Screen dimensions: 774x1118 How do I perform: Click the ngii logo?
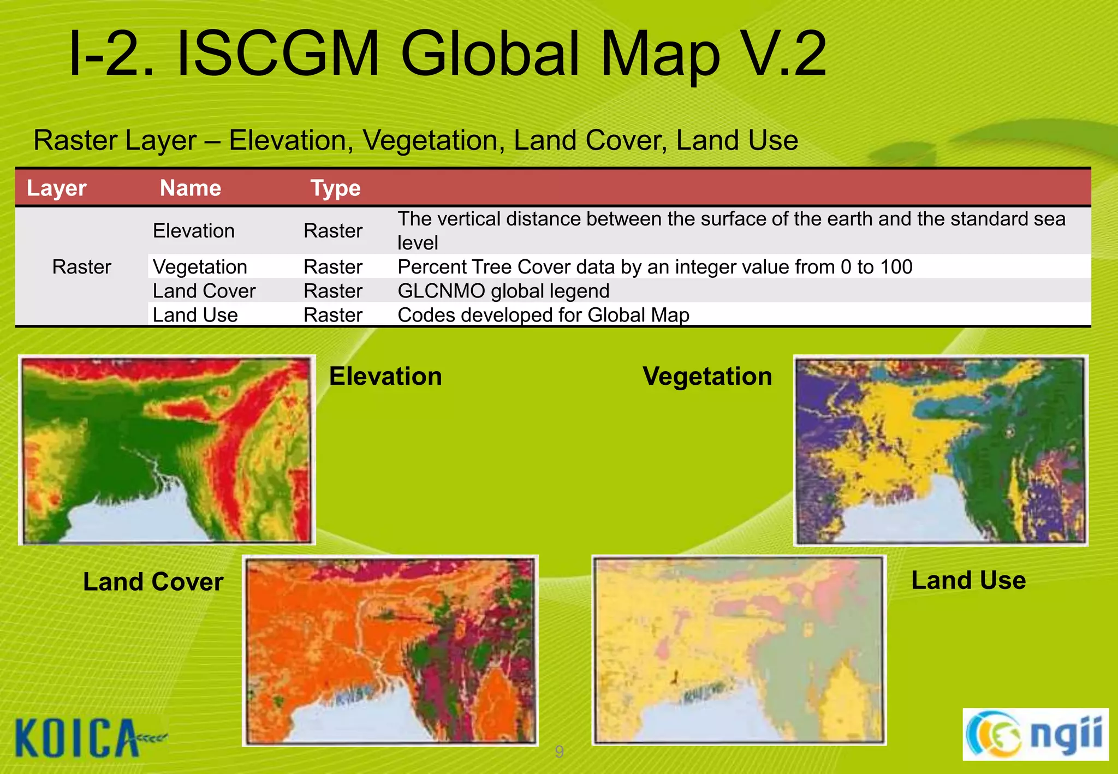coord(1035,734)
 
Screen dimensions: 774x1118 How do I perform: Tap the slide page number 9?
coord(559,752)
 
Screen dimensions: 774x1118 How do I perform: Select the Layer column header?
coord(56,188)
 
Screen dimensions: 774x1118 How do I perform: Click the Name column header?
coord(190,188)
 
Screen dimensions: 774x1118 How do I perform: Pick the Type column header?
coord(335,188)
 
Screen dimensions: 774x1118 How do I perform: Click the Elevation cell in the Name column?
coord(193,231)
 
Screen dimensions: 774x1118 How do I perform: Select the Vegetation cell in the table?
coord(200,267)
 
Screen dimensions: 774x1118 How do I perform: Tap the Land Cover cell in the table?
coord(204,291)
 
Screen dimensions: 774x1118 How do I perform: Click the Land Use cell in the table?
coord(195,315)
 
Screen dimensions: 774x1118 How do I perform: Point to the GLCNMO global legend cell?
coord(503,291)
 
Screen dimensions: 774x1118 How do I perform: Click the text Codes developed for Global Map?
coord(543,315)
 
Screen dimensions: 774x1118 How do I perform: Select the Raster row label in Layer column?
coord(81,267)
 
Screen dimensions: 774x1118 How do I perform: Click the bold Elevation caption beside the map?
coord(385,377)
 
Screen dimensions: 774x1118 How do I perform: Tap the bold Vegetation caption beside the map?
coord(707,377)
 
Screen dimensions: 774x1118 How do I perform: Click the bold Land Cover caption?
coord(153,582)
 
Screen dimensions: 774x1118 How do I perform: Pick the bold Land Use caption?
coord(968,580)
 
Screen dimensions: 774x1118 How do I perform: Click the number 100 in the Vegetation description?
coord(895,267)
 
